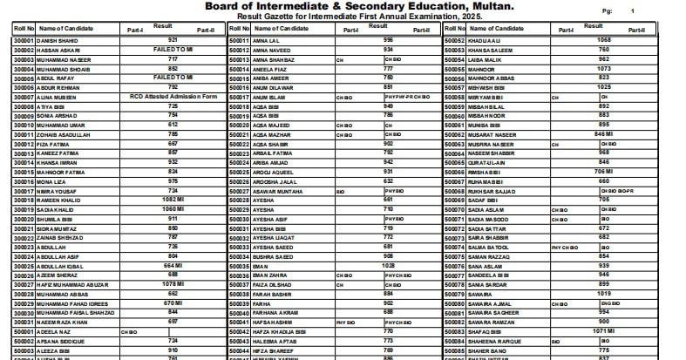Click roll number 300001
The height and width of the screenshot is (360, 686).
pos(24,41)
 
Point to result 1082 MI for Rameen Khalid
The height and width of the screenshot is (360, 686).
pos(173,200)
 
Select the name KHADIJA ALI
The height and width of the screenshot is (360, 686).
pos(489,41)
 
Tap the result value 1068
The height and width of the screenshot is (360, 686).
pos(603,40)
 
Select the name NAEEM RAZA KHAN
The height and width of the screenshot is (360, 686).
pos(65,322)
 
